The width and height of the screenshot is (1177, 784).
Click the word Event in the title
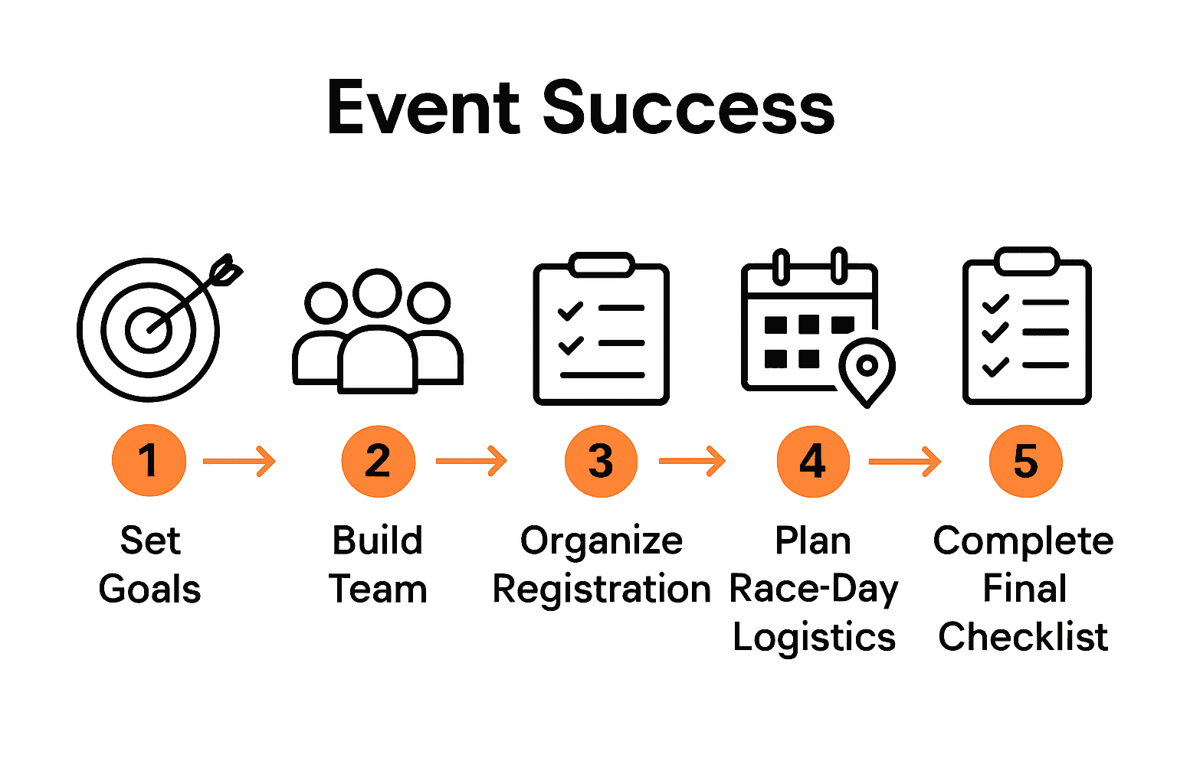424,108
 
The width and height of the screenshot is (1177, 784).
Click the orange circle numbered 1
149,461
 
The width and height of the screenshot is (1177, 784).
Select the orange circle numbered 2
378,461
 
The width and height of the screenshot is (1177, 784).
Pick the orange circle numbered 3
601,461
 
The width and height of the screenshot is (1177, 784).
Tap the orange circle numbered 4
812,461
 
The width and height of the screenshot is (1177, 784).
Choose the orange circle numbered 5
1025,462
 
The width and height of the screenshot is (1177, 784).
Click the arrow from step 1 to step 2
239,461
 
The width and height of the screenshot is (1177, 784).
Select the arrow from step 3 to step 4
692,461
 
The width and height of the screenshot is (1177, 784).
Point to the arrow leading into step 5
904,461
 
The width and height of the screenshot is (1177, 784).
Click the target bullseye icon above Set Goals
149,329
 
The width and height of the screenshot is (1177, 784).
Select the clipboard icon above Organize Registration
602,329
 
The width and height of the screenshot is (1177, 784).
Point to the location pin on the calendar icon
867,369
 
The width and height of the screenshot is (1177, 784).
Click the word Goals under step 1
150,590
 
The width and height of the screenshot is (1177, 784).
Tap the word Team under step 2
378,590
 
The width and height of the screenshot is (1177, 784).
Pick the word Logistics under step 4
814,638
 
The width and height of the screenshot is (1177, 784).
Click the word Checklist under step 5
1024,637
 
